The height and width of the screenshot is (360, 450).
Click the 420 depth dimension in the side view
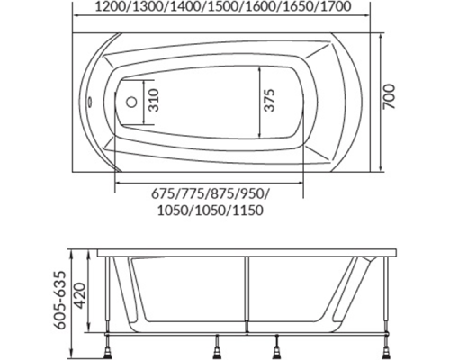click(x=82, y=294)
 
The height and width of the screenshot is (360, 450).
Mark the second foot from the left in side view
click(x=220, y=346)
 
